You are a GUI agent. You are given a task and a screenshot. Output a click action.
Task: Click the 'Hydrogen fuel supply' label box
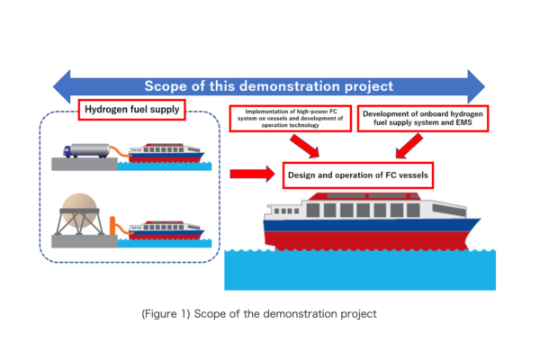(131, 110)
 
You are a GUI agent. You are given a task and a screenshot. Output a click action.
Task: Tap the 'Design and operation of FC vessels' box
(358, 175)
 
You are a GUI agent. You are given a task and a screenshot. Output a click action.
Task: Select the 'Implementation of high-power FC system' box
(291, 119)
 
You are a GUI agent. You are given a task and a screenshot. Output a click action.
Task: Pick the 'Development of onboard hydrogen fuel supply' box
(423, 119)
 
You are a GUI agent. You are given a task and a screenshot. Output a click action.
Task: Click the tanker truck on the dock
(86, 150)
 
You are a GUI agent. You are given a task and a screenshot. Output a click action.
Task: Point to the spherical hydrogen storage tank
(79, 210)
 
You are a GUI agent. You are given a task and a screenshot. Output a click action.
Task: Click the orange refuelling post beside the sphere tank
(112, 226)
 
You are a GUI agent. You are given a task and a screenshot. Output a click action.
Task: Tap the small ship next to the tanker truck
(166, 153)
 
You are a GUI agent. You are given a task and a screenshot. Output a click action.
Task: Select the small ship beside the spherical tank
(166, 230)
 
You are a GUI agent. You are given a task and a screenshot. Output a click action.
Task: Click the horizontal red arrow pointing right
(252, 174)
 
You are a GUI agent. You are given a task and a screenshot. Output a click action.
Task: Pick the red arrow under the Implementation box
(304, 146)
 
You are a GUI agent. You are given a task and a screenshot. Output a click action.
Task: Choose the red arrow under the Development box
(409, 146)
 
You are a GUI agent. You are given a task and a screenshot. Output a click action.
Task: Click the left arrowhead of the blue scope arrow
(61, 86)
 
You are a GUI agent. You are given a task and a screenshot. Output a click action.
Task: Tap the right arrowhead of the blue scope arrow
(476, 86)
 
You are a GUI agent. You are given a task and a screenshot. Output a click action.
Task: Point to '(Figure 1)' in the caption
(166, 314)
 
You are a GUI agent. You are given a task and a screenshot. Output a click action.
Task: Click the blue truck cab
(67, 151)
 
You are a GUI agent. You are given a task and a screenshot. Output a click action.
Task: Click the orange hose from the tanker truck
(120, 151)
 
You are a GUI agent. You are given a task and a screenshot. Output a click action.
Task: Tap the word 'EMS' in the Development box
(463, 122)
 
